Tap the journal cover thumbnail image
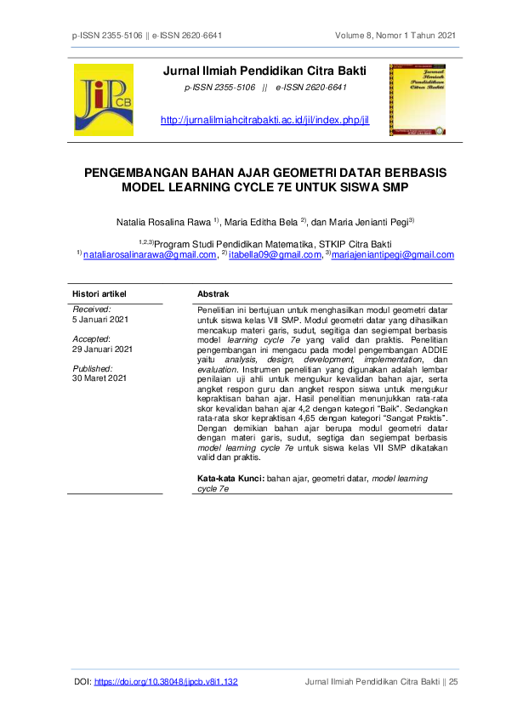pyautogui.click(x=418, y=99)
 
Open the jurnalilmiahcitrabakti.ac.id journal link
pyautogui.click(x=264, y=121)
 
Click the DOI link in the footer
pyautogui.click(x=165, y=682)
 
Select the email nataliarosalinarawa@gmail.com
pyautogui.click(x=150, y=254)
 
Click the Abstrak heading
pyautogui.click(x=213, y=293)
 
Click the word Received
pyautogui.click(x=92, y=310)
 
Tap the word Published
pyautogui.click(x=94, y=368)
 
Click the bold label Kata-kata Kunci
pyautogui.click(x=230, y=480)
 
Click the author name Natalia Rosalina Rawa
pyautogui.click(x=164, y=222)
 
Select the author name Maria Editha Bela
pyautogui.click(x=259, y=222)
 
